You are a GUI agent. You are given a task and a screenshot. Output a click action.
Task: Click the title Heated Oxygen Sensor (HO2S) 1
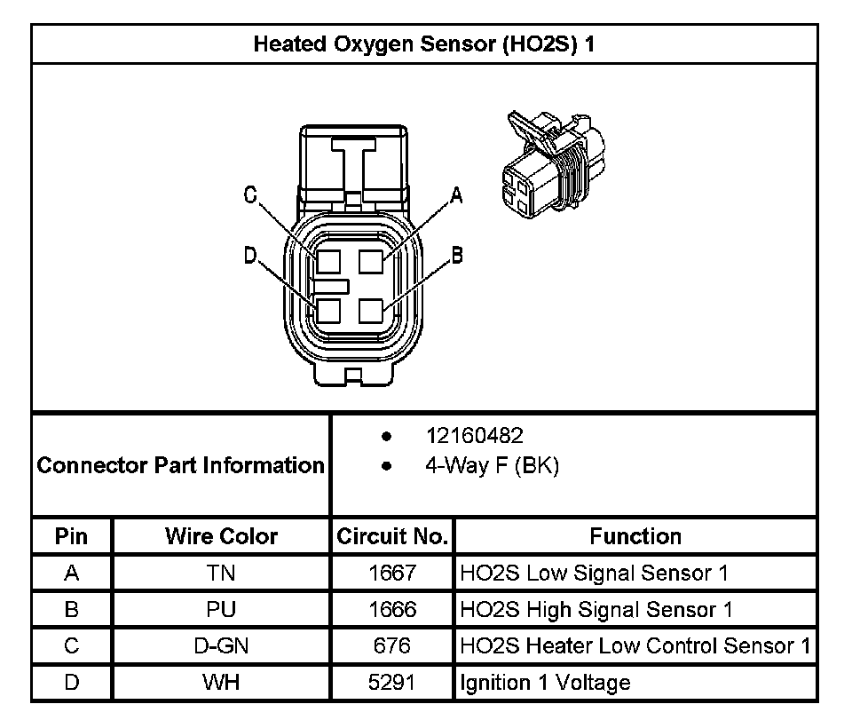tap(423, 44)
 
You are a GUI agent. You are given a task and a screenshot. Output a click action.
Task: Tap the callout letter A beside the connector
tap(457, 195)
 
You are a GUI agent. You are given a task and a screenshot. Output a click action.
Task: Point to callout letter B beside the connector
tap(457, 257)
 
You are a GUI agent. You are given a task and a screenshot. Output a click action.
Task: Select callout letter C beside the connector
tap(251, 195)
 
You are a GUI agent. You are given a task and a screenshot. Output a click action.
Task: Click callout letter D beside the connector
tap(250, 257)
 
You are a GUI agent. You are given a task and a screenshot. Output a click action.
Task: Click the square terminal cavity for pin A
tap(371, 262)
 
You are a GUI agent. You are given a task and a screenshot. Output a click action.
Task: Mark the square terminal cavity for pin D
tap(328, 312)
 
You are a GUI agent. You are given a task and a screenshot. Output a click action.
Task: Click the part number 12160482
tap(474, 436)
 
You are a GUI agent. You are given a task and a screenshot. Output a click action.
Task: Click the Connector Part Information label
tap(181, 465)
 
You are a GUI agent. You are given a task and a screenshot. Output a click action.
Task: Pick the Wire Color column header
tap(221, 536)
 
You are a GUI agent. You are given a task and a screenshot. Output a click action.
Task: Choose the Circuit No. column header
tap(392, 536)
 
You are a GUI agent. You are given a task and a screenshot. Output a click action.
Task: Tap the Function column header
tap(635, 536)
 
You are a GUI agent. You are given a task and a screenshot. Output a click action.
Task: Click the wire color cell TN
tap(221, 574)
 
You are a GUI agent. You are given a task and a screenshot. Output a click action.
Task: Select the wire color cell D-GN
tap(221, 646)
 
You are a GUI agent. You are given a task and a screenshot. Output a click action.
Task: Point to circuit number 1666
tap(392, 610)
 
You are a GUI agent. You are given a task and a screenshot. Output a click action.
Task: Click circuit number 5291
tap(392, 683)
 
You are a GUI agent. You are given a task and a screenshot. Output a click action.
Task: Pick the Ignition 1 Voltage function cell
tap(545, 683)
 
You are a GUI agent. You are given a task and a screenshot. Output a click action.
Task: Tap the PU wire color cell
tap(221, 610)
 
